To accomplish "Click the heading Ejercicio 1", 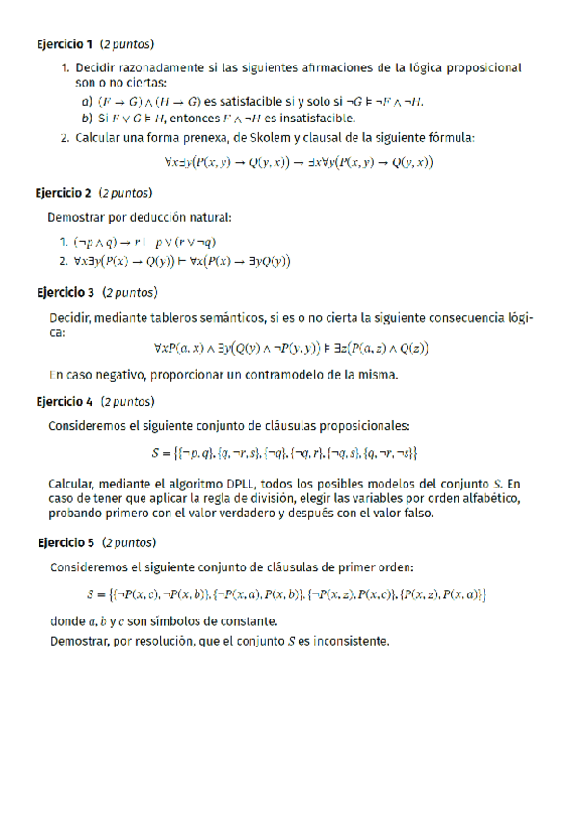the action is [x=65, y=44].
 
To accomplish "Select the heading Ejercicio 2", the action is [x=65, y=193].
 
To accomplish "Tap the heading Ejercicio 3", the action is [x=66, y=292].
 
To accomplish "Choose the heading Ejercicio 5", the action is [x=66, y=542].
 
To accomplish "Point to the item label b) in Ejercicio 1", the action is [x=88, y=119].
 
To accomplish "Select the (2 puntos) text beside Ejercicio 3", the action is [x=130, y=292].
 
